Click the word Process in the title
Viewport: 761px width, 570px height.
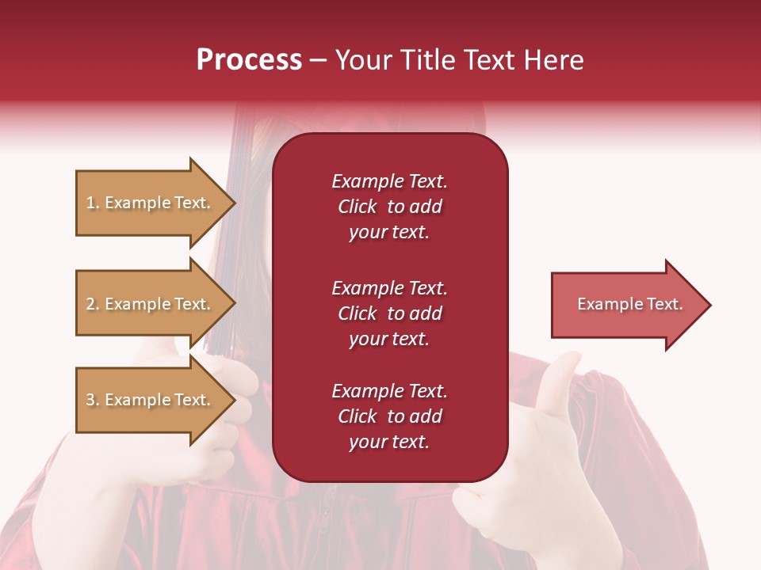pos(249,60)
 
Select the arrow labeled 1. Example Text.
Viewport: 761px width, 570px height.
pos(151,203)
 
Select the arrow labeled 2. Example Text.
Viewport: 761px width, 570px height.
pos(151,304)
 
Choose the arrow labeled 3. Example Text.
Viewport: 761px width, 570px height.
pos(151,400)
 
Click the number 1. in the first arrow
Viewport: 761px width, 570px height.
pos(93,203)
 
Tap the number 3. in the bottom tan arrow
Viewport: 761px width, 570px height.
pos(93,401)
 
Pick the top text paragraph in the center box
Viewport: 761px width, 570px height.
pos(389,207)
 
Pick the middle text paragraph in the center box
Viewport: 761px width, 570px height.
pos(389,313)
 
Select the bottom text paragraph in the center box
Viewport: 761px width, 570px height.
pos(389,416)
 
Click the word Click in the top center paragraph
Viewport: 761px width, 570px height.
pos(357,207)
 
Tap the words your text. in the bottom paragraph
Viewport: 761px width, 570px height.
pos(389,443)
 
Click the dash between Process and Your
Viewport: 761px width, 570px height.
pos(318,61)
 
